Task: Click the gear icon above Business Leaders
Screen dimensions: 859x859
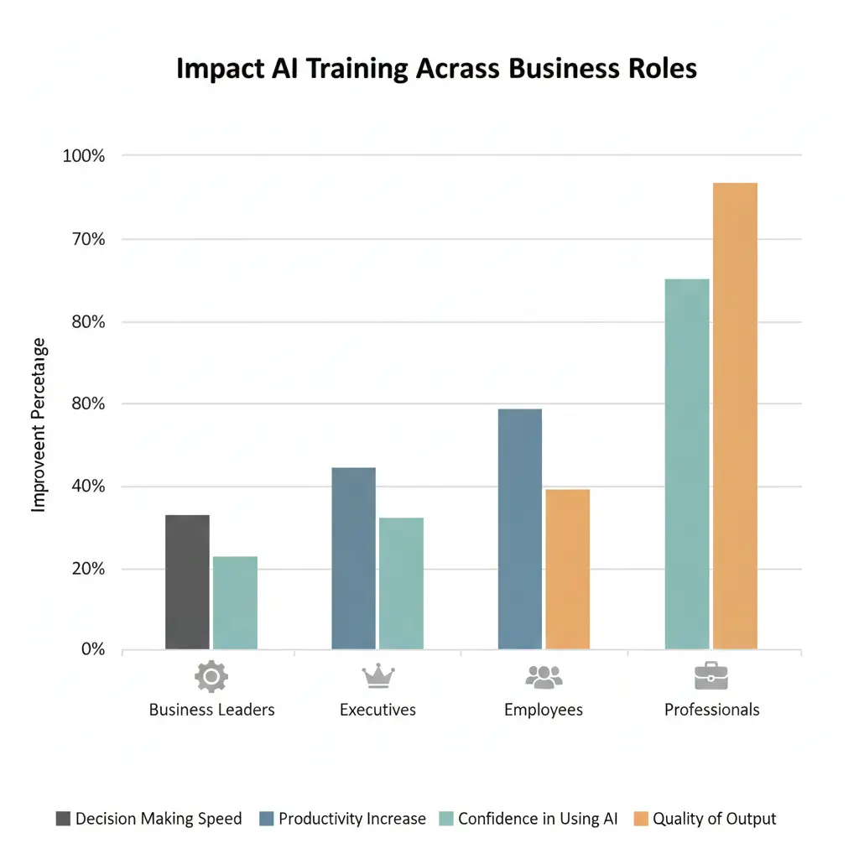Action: point(211,676)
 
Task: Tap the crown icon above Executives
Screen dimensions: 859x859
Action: point(377,675)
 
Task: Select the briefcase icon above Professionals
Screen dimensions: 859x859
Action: point(711,675)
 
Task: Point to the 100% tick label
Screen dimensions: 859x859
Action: point(83,156)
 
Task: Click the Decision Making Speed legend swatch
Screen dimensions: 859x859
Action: point(63,820)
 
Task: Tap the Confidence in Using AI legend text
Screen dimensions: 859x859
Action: point(538,819)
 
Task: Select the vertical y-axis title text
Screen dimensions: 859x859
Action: point(39,425)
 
